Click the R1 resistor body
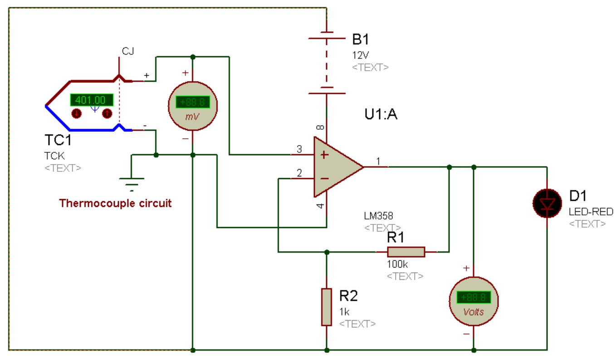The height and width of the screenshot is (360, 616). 406,252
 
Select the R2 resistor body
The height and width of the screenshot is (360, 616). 327,307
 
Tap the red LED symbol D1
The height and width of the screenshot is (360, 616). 547,204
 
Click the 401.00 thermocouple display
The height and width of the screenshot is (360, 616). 92,100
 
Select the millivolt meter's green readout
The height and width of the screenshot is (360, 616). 193,102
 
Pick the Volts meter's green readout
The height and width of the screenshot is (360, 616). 474,297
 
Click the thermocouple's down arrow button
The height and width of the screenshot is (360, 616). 77,113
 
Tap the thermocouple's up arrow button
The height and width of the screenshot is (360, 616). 107,113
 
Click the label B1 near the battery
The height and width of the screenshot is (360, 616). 360,39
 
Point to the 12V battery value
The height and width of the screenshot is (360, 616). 361,55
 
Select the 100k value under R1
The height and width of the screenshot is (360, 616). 397,264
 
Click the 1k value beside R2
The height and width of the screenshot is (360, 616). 344,312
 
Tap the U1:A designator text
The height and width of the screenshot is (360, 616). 381,114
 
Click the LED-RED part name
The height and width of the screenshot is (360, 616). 591,212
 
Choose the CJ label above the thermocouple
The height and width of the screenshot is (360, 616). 128,51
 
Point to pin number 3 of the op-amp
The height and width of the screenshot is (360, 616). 299,149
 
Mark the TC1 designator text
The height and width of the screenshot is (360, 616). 58,140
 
